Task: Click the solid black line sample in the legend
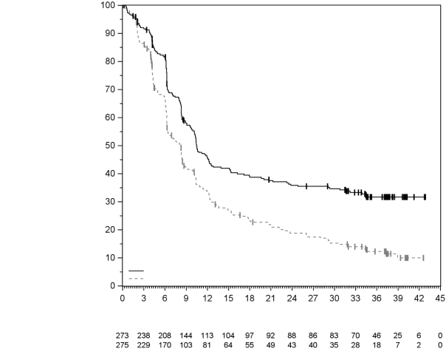(136, 271)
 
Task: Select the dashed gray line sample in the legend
(136, 278)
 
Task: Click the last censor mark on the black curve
(425, 197)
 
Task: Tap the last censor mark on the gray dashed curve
(422, 258)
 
